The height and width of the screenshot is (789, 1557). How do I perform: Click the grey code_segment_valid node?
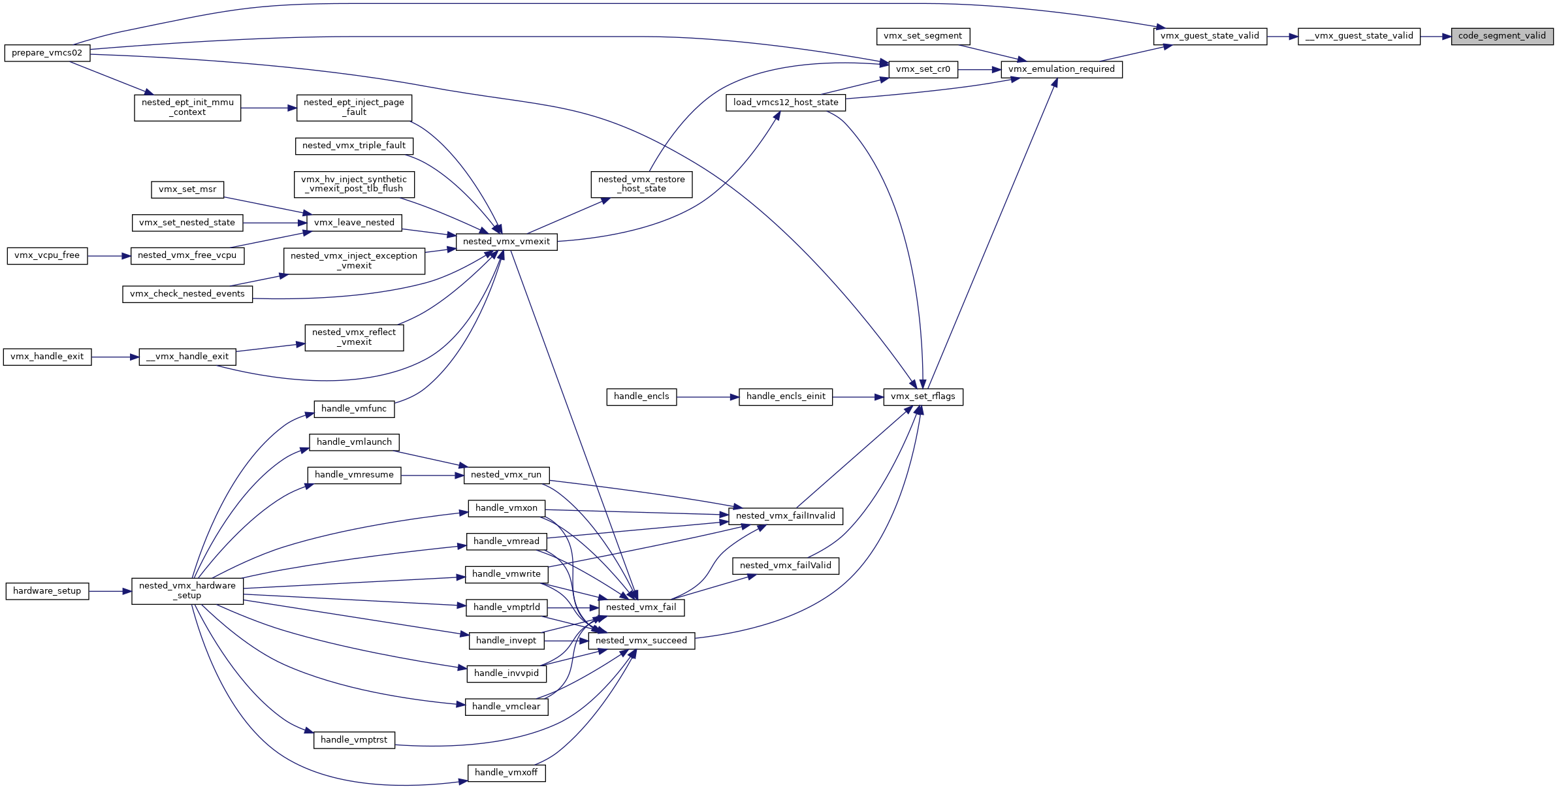pyautogui.click(x=1502, y=37)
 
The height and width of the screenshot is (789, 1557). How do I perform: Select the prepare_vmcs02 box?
pyautogui.click(x=47, y=53)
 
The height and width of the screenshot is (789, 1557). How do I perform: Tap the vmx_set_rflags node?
pyautogui.click(x=923, y=396)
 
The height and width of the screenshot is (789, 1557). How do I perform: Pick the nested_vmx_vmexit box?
pyautogui.click(x=506, y=242)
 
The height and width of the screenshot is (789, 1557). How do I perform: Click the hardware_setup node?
pyautogui.click(x=47, y=591)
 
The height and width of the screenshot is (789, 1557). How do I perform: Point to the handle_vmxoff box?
pyautogui.click(x=506, y=773)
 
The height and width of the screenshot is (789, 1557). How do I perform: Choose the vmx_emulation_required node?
pyautogui.click(x=1061, y=69)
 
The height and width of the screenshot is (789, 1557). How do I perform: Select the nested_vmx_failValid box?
pyautogui.click(x=786, y=566)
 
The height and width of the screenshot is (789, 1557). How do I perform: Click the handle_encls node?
pyautogui.click(x=641, y=396)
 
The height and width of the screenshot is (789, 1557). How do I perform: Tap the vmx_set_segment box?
pyautogui.click(x=923, y=37)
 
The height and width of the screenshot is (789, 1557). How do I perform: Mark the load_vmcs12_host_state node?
pyautogui.click(x=786, y=103)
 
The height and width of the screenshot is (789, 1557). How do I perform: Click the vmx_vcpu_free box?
pyautogui.click(x=47, y=255)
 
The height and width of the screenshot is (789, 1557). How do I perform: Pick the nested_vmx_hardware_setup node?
pyautogui.click(x=187, y=591)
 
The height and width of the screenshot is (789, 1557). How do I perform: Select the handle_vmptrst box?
pyautogui.click(x=354, y=740)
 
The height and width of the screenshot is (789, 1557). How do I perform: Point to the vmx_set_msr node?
pyautogui.click(x=187, y=189)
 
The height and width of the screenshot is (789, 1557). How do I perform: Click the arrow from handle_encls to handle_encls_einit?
pyautogui.click(x=708, y=397)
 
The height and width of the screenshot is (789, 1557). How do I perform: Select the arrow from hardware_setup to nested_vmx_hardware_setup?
pyautogui.click(x=110, y=592)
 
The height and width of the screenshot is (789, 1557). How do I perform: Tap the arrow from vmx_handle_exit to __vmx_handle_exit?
pyautogui.click(x=116, y=357)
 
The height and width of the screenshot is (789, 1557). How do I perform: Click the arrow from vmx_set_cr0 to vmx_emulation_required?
pyautogui.click(x=980, y=70)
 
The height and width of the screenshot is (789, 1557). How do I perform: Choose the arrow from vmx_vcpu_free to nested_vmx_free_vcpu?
pyautogui.click(x=109, y=256)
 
